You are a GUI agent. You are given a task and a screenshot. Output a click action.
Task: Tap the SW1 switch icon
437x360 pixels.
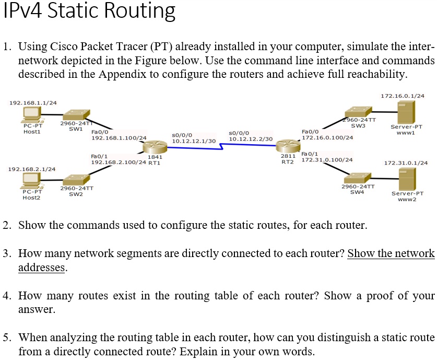75,115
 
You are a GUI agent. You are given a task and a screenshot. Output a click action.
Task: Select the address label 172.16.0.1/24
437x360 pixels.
403,96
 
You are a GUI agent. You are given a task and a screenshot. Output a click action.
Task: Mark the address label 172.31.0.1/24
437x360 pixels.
406,164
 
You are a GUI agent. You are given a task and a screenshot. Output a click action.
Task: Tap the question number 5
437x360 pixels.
6,336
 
